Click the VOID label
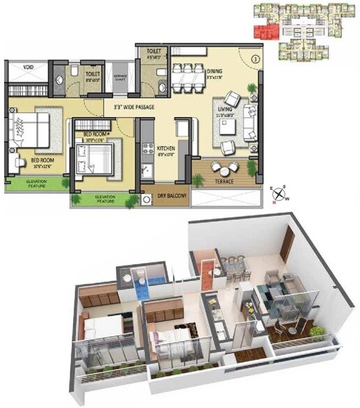click(x=28, y=67)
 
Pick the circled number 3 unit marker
click(x=255, y=59)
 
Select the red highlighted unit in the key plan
click(x=264, y=32)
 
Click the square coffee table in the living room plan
click(x=227, y=127)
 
